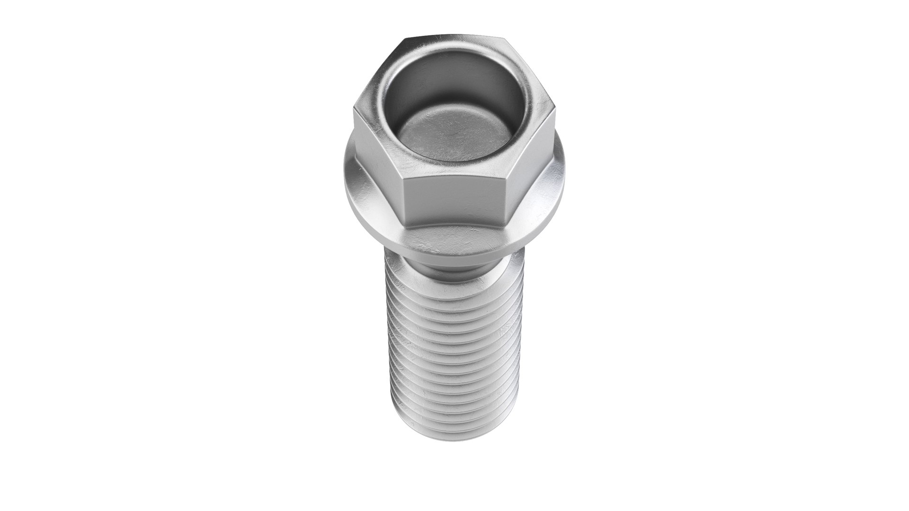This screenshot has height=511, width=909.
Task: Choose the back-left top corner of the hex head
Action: [x=405, y=39]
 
